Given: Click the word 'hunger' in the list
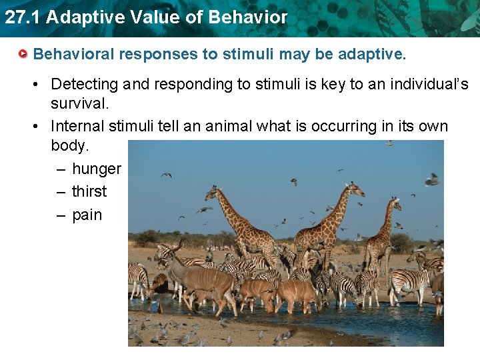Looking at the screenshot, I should point(96,169).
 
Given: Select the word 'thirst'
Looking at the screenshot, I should point(89,192).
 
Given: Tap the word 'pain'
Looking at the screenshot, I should point(87,215).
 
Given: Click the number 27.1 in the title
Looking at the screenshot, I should point(22,17).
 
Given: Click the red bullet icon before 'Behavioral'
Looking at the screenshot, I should point(24,53).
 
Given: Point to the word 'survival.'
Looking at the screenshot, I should point(79,105).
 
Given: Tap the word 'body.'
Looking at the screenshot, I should point(69,146).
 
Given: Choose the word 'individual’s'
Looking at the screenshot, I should point(426,85).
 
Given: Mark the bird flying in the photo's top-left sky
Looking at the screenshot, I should point(166,175).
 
